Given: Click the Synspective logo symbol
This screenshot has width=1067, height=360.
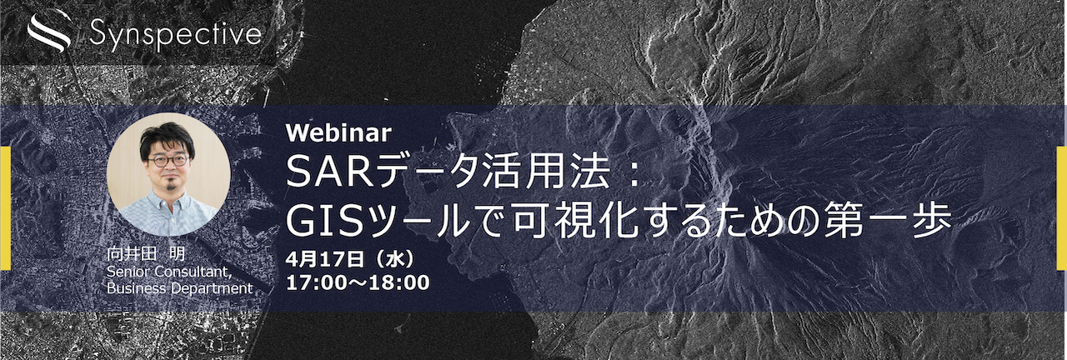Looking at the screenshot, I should point(48,33).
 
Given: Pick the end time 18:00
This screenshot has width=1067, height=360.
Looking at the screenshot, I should point(399,282).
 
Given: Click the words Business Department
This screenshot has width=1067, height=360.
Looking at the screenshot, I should point(179,287).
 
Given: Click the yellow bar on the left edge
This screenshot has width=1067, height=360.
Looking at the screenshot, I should point(5,207).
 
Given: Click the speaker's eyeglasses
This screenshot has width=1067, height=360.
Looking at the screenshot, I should point(168,158).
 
